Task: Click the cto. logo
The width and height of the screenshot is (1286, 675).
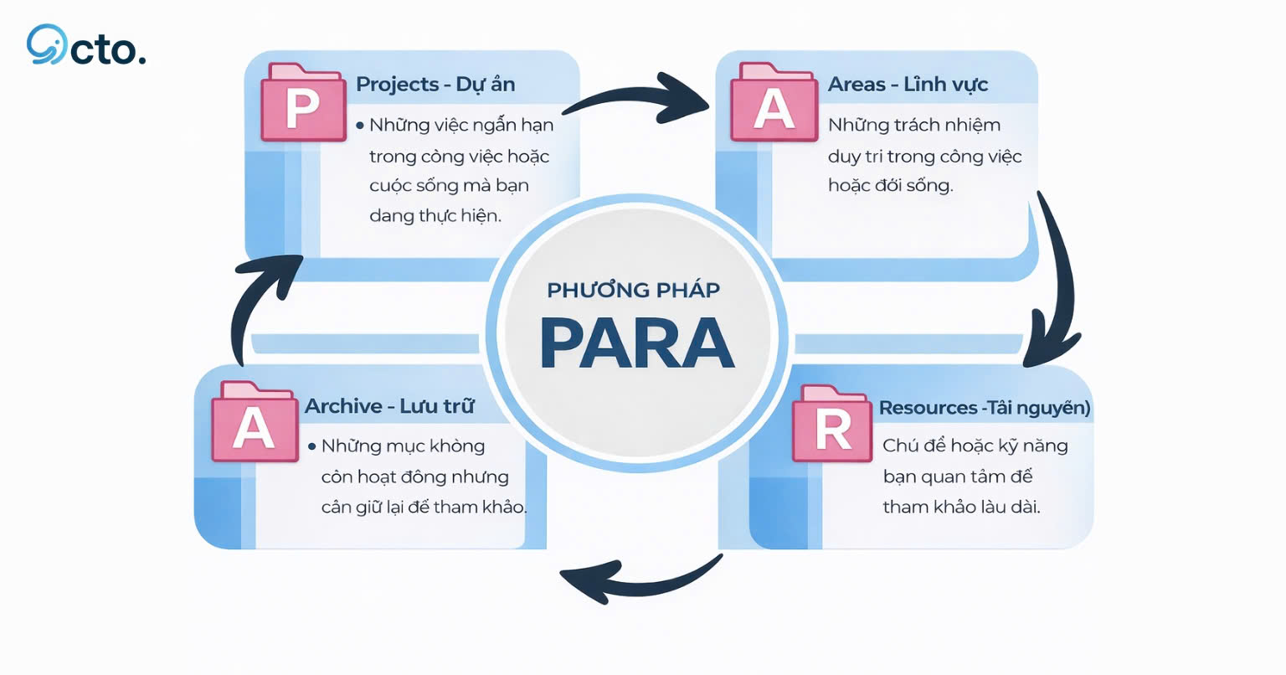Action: pos(85,46)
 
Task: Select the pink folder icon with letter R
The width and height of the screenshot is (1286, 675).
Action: pos(833,426)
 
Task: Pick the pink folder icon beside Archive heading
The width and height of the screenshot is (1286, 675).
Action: pos(254,425)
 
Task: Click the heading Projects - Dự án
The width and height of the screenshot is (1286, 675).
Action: pos(435,85)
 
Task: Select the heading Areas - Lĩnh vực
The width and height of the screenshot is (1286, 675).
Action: pos(908,85)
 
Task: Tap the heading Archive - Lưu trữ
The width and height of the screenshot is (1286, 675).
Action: pos(389,406)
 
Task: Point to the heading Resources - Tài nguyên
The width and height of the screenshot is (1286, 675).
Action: pos(985,408)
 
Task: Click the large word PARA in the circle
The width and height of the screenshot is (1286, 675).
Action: pos(637,343)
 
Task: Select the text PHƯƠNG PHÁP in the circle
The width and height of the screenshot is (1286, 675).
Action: pos(633,291)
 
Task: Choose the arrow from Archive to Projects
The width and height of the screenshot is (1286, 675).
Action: pos(260,301)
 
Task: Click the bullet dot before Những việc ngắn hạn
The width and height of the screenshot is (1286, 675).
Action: pos(360,126)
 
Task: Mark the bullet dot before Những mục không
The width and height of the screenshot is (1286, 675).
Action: pos(311,446)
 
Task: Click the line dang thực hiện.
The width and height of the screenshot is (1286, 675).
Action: pos(435,215)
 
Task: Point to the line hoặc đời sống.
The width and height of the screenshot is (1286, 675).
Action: pos(890,185)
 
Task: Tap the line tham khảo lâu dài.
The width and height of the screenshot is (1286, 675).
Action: pos(961,507)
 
